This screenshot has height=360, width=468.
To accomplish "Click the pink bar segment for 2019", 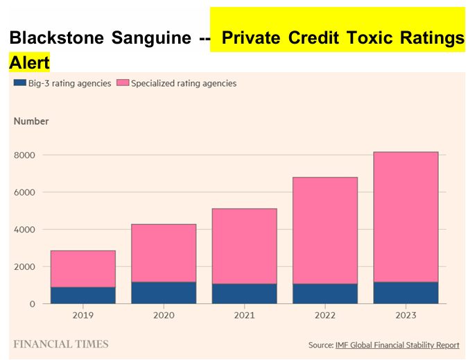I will (x=83, y=268).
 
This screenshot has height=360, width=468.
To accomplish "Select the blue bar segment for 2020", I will (x=164, y=293).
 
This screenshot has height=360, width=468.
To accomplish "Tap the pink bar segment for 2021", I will (x=244, y=246).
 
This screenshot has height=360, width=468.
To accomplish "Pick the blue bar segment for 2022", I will (x=324, y=293).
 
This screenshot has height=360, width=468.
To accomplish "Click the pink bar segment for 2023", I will (x=406, y=216).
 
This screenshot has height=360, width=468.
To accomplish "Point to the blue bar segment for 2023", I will (x=406, y=293).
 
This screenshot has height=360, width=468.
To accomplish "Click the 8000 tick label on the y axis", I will (x=24, y=155).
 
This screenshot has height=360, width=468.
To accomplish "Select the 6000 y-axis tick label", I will (x=24, y=192).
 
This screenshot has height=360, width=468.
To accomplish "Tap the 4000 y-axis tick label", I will (x=24, y=230).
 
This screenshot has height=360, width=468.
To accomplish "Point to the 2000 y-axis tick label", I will (x=24, y=267).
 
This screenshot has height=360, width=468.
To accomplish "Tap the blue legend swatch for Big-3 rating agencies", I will (x=19, y=83).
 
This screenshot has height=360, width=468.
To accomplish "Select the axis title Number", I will (x=31, y=121).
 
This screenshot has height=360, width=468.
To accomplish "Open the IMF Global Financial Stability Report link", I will (x=397, y=345).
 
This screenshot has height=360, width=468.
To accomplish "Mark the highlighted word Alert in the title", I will (x=30, y=62).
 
